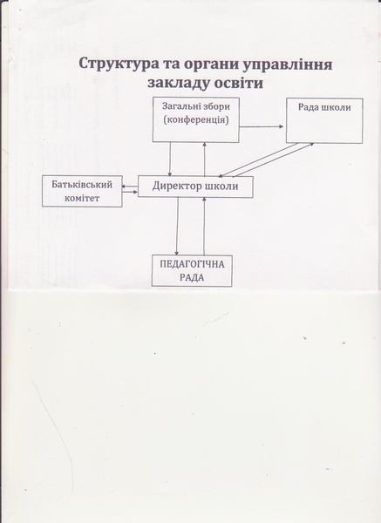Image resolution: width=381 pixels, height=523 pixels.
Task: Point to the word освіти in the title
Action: [x=238, y=83]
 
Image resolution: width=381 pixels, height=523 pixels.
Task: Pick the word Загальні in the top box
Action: [x=181, y=106]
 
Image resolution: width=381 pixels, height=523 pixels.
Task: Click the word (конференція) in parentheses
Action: [x=196, y=120]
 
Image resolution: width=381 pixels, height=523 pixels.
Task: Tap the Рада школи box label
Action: [x=324, y=107]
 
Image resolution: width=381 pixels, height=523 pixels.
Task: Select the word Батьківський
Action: [x=82, y=185]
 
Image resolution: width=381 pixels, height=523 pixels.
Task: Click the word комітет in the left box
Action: [x=82, y=198]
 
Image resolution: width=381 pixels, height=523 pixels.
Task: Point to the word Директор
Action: [x=174, y=186]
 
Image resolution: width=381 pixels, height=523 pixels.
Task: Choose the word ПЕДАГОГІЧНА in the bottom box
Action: [x=192, y=264]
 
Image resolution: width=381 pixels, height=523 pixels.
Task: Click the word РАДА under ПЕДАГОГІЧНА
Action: [x=192, y=278]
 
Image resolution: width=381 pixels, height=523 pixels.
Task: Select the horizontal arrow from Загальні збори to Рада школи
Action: [x=262, y=126]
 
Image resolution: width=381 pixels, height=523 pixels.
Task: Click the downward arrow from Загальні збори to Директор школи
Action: [x=170, y=160]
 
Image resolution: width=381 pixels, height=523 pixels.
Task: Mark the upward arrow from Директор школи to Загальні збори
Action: [x=205, y=159]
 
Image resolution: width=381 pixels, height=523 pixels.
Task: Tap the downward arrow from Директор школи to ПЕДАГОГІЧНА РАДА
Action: [x=177, y=226]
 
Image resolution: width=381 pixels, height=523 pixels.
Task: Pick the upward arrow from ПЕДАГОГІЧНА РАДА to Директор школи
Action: [x=204, y=226]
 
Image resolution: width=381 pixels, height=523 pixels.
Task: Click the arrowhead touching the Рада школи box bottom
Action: [x=311, y=144]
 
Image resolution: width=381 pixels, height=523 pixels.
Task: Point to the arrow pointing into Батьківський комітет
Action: [x=130, y=187]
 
